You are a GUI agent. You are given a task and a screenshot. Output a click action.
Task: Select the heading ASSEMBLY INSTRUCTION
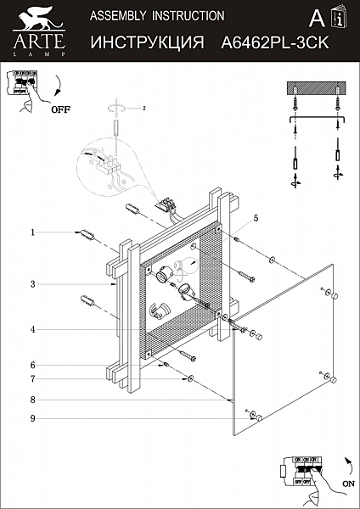(156, 15)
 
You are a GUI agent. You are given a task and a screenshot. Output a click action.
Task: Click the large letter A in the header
(316, 19)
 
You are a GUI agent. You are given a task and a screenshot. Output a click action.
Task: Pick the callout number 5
(254, 218)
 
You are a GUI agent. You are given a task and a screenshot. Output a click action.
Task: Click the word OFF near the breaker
(60, 109)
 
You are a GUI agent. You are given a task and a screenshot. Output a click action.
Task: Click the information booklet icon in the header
(340, 18)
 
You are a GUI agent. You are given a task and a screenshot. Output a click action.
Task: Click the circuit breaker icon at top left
(23, 84)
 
